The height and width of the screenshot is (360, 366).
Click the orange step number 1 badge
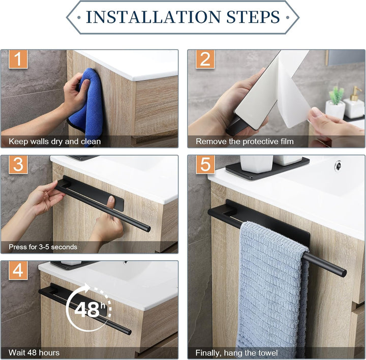18,59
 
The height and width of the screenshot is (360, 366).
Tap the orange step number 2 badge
205,59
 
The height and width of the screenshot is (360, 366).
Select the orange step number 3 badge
18,165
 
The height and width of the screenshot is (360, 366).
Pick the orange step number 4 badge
18,270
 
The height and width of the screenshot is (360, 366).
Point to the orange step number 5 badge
205,164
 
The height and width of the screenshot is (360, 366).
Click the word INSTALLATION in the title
154,17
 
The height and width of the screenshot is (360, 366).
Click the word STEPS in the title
253,17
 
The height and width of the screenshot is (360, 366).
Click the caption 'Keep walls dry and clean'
54,141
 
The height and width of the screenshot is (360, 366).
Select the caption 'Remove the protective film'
245,141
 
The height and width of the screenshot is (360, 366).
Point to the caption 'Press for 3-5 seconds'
43,247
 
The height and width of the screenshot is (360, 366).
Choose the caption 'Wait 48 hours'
34,352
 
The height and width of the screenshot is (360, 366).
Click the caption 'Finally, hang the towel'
237,353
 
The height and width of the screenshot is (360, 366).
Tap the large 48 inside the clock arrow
87,309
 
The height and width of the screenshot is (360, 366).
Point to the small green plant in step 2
337,95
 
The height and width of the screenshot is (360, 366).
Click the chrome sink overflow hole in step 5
338,165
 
